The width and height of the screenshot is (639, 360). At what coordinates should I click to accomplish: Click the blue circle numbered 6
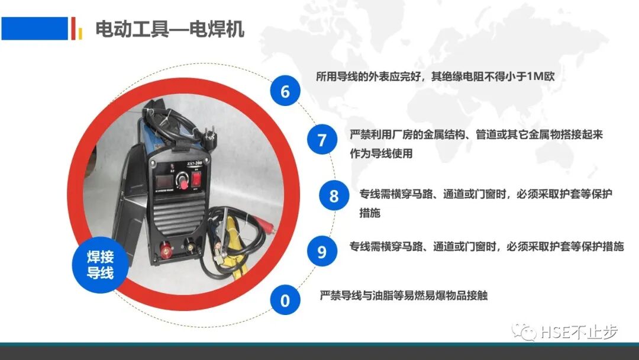pos(285,91)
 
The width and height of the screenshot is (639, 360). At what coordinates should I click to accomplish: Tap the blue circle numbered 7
pos(322,139)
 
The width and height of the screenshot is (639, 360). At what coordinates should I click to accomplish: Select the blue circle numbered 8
pos(334,195)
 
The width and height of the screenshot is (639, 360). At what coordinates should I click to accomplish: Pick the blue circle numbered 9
pos(322,251)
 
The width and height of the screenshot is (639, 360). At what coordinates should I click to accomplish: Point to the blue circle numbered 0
pos(285,300)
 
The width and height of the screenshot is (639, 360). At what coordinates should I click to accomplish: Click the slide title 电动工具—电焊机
pos(170,29)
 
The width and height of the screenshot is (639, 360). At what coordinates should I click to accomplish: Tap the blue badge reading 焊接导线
pos(100,265)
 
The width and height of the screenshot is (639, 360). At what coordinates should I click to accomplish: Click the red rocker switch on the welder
pos(196,179)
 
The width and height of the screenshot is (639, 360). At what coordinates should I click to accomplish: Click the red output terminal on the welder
pos(166,249)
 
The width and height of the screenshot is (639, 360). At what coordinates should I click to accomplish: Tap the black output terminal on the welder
pos(191,246)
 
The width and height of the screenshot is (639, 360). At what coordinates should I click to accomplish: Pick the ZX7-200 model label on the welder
pos(195,163)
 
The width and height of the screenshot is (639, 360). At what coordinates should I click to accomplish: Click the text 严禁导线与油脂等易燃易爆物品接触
pos(404,295)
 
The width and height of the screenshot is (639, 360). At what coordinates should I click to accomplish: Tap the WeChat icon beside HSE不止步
pos(524,332)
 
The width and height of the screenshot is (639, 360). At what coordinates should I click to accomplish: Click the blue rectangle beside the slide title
pos(35,28)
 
